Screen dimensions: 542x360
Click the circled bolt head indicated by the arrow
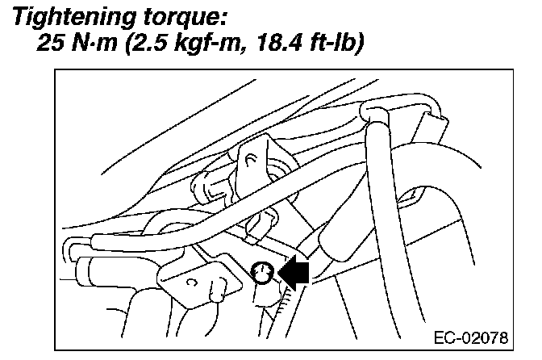tap(262, 274)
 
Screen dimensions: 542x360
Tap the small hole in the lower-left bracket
tap(190, 283)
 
